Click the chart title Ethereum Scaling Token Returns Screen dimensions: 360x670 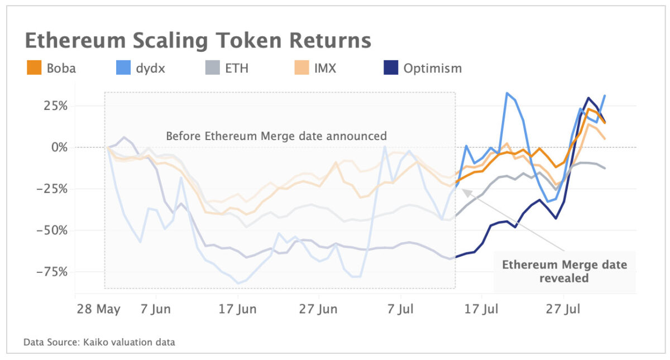(x=198, y=41)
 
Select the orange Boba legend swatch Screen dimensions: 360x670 (x=33, y=69)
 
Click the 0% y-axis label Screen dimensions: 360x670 (x=58, y=147)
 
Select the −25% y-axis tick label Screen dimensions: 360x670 (x=52, y=189)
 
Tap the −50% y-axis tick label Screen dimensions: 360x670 (x=52, y=230)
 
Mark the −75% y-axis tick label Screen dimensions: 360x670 (x=52, y=272)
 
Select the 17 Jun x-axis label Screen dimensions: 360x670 (x=238, y=309)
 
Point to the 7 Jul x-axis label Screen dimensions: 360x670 (x=400, y=309)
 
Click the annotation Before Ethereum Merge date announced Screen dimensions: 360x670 (x=276, y=136)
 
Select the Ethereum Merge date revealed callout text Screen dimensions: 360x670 (x=564, y=271)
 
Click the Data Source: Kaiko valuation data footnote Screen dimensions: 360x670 (x=99, y=342)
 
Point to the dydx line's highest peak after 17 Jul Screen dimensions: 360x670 (x=507, y=93)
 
